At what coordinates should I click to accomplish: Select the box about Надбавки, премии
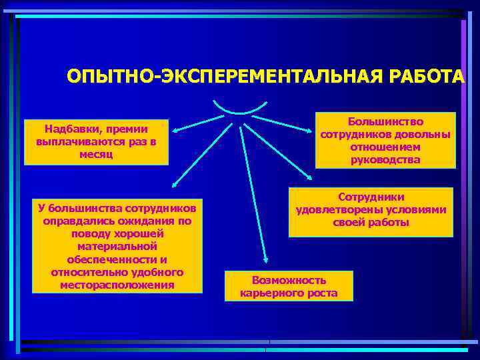[x=96, y=142]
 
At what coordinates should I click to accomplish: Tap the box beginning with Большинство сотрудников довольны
[x=385, y=140]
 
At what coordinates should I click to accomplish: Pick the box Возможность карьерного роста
[x=289, y=286]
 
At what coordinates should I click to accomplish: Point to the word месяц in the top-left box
[x=96, y=155]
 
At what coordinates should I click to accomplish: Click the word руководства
[x=385, y=159]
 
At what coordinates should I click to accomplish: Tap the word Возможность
[x=289, y=280]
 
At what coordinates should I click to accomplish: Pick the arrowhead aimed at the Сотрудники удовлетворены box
[x=312, y=177]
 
